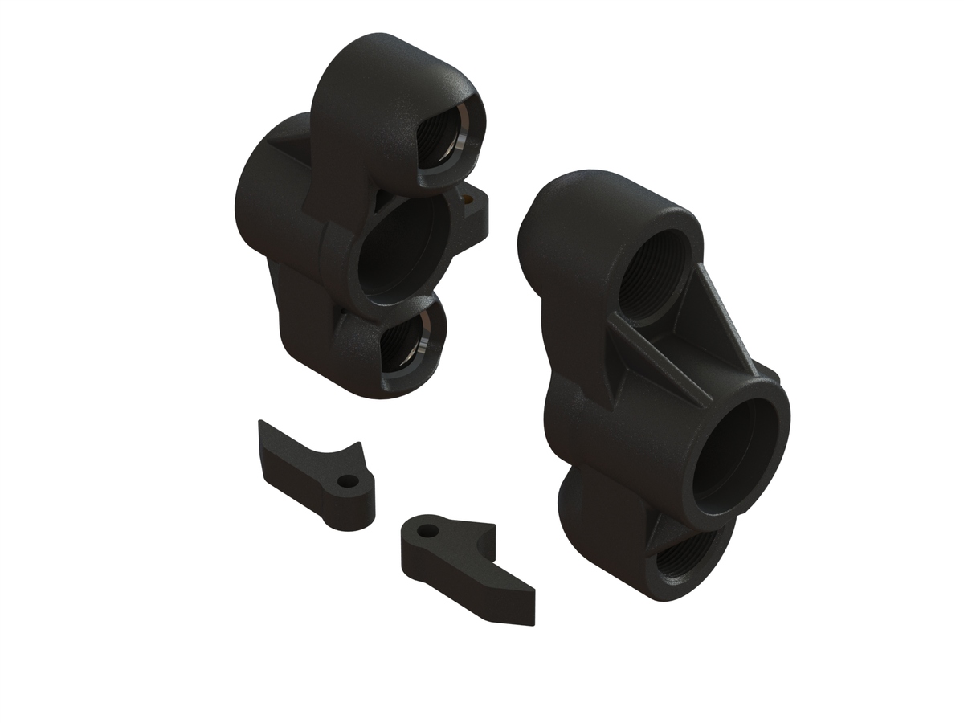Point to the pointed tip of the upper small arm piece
coord(261,426)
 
